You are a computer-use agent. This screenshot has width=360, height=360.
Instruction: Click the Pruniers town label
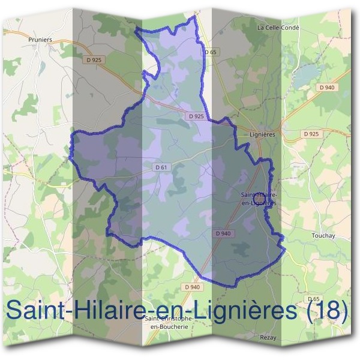[x=41, y=40]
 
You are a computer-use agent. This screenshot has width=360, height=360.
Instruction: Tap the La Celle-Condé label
[x=278, y=28]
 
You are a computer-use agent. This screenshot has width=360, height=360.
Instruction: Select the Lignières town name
[x=262, y=136]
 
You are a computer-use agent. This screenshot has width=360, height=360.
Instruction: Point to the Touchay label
[x=323, y=236]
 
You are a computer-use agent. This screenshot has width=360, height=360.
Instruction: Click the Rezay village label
[x=268, y=338]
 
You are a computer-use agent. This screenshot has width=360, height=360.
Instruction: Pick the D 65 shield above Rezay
[x=313, y=299]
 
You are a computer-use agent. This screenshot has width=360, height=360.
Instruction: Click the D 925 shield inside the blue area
[x=196, y=116]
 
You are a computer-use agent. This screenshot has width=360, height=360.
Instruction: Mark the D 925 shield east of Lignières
[x=311, y=133]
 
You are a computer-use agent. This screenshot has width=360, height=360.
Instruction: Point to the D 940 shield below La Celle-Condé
[x=326, y=88]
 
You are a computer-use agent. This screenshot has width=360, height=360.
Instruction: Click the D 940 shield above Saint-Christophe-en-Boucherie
[x=192, y=287]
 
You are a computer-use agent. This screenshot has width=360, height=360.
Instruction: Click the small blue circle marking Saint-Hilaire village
[x=259, y=196]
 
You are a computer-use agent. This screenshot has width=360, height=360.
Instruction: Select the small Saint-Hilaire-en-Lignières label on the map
[x=258, y=199]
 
